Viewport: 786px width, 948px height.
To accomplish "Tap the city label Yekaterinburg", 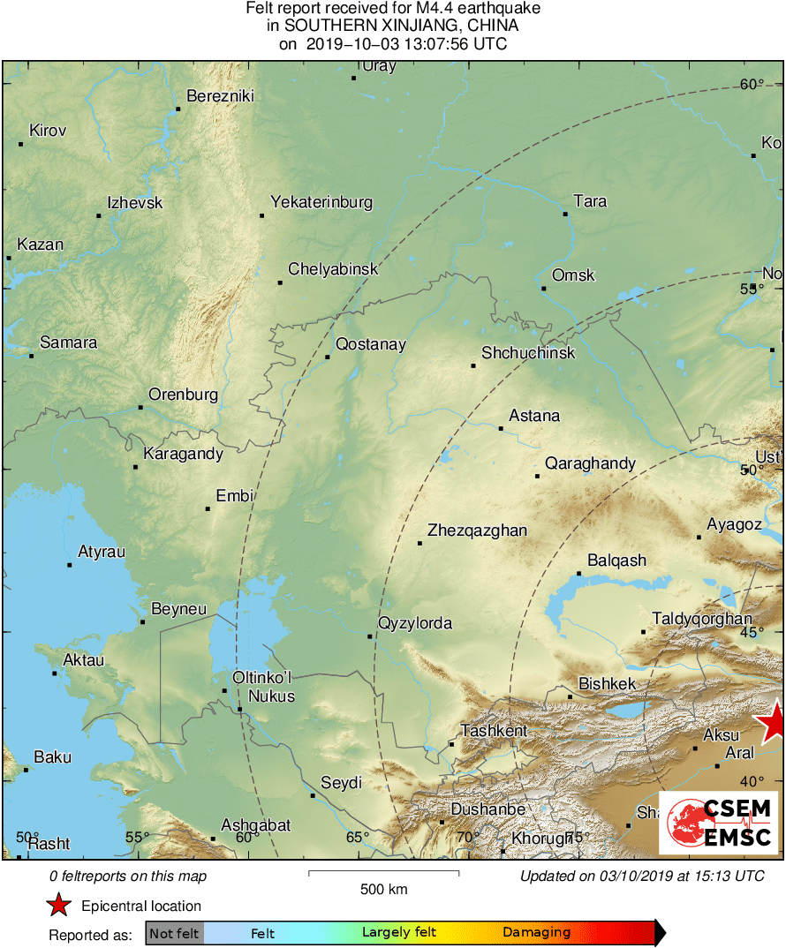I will pyautogui.click(x=321, y=202).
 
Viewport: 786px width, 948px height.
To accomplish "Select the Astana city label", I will pyautogui.click(x=534, y=416).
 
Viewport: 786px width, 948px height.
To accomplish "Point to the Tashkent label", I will pyautogui.click(x=494, y=731).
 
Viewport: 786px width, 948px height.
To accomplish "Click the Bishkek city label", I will pyautogui.click(x=607, y=684).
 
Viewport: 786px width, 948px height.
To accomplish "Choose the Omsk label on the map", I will pyautogui.click(x=573, y=275).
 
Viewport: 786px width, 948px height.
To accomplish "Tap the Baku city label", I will pyautogui.click(x=52, y=757).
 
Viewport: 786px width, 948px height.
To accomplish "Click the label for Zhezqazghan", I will pyautogui.click(x=477, y=530).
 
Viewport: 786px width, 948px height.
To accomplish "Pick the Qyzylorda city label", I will pyautogui.click(x=414, y=624).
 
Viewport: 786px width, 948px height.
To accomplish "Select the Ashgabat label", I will pyautogui.click(x=255, y=825).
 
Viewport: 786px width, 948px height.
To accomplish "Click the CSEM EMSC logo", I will pyautogui.click(x=719, y=824).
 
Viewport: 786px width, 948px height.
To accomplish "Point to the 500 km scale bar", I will pyautogui.click(x=384, y=874).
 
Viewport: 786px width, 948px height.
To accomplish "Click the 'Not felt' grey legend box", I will pyautogui.click(x=174, y=933).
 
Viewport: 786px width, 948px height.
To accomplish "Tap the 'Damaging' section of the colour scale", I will pyautogui.click(x=537, y=933).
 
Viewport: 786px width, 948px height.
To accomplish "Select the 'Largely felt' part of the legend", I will pyautogui.click(x=399, y=933).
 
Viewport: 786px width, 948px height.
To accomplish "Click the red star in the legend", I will pyautogui.click(x=59, y=906).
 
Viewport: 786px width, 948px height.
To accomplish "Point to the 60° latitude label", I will pyautogui.click(x=752, y=85).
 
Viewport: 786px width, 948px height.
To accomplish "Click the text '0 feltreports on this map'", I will pyautogui.click(x=128, y=877).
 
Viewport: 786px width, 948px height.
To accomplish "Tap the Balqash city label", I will pyautogui.click(x=617, y=561).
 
